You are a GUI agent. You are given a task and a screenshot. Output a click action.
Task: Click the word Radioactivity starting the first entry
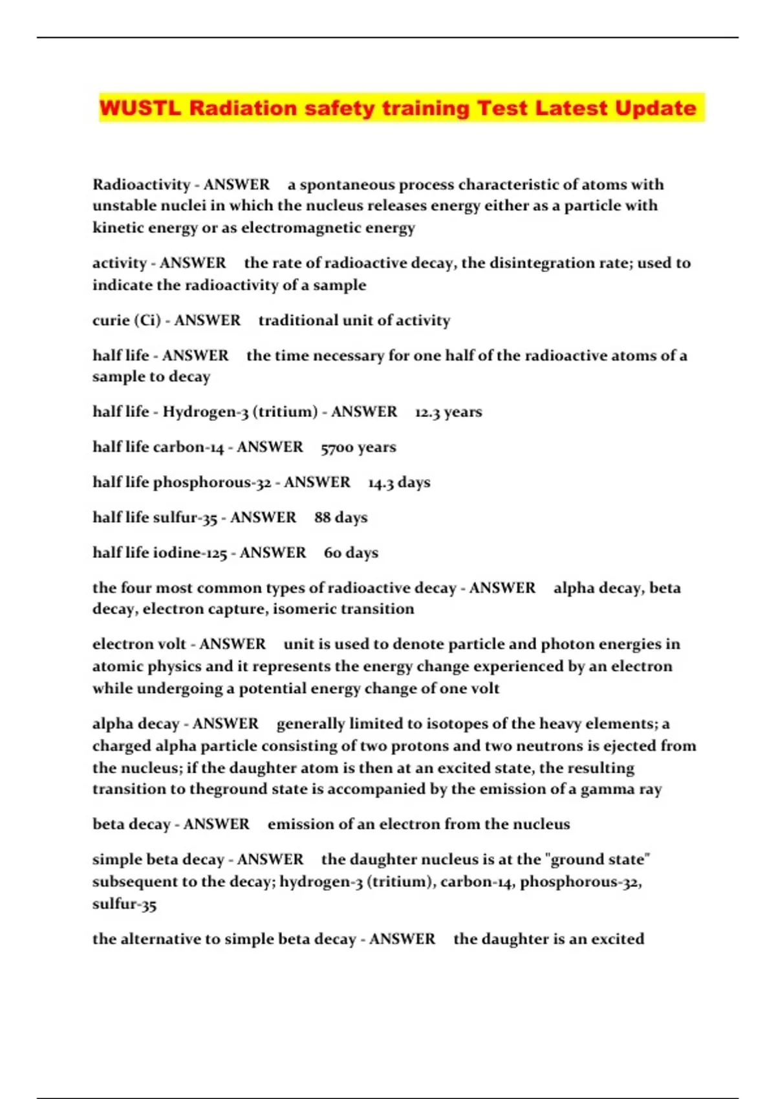[141, 185]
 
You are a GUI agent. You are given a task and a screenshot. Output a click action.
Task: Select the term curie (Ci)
[126, 321]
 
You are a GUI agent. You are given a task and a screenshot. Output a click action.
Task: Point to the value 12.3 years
[448, 412]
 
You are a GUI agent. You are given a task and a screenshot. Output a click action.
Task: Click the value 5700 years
[358, 447]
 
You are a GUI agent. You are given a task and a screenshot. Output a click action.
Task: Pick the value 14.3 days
[399, 483]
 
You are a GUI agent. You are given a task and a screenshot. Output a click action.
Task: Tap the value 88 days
[341, 518]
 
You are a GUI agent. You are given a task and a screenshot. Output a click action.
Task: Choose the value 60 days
[350, 553]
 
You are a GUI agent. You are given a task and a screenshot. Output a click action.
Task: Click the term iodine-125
[190, 553]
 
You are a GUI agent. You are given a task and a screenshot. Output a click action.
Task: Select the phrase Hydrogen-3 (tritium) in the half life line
[240, 412]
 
